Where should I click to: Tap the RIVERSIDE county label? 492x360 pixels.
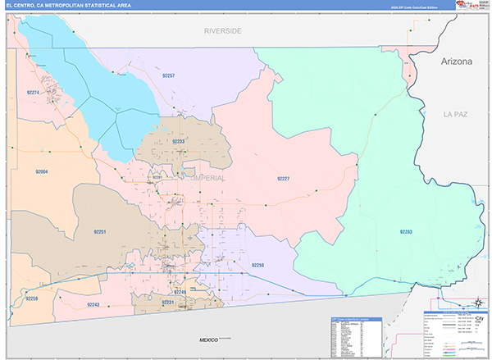(223, 30)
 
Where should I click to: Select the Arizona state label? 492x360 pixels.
(456, 61)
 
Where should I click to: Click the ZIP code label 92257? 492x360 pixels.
(168, 75)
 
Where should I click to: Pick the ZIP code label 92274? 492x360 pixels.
(34, 93)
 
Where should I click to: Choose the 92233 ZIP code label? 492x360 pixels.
(179, 141)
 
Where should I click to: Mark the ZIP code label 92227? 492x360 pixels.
(283, 178)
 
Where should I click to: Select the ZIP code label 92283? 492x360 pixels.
(406, 232)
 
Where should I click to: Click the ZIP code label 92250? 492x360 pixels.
(258, 265)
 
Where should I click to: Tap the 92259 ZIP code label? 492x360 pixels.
(31, 298)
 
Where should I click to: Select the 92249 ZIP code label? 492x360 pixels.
(180, 292)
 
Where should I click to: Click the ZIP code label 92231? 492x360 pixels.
(168, 303)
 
